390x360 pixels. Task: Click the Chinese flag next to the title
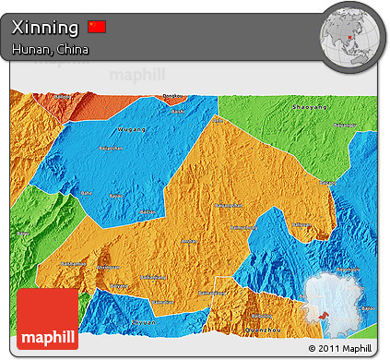click(x=97, y=27)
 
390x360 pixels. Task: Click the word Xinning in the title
click(x=45, y=28)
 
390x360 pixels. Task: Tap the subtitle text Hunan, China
click(x=51, y=50)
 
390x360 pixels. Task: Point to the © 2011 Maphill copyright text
click(x=338, y=348)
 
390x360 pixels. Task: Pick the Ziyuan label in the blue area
click(x=144, y=321)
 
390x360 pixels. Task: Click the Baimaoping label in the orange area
click(x=226, y=205)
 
